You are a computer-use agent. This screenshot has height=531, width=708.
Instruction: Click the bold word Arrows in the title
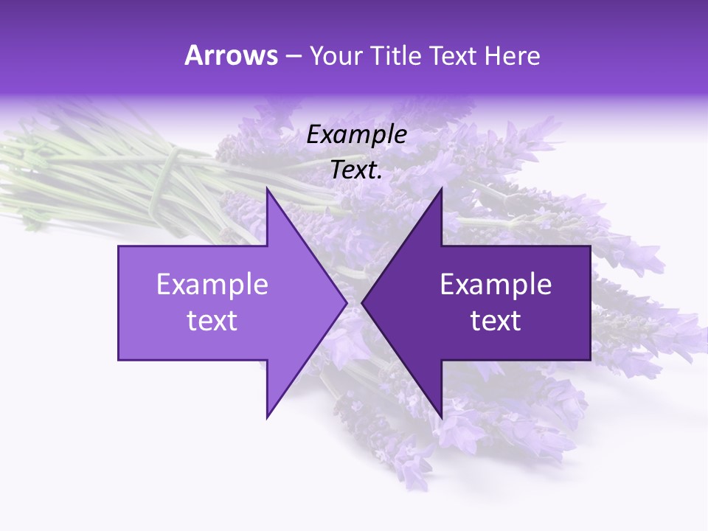(x=231, y=55)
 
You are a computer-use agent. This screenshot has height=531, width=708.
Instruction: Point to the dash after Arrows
(x=293, y=57)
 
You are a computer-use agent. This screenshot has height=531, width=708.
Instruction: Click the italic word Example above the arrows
(x=357, y=134)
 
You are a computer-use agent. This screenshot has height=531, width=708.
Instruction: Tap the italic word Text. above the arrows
(x=357, y=170)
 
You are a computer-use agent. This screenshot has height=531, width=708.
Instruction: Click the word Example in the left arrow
(x=212, y=284)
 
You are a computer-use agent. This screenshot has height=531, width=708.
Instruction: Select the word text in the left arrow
(x=212, y=321)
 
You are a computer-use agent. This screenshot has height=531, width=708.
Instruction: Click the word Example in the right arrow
(x=496, y=284)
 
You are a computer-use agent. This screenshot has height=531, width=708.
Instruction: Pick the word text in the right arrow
(x=496, y=321)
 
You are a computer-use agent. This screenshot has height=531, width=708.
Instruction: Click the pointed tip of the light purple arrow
(x=346, y=302)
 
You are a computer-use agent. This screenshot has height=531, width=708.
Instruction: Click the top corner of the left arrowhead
(x=268, y=190)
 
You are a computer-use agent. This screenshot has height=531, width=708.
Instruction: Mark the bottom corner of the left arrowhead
(x=268, y=417)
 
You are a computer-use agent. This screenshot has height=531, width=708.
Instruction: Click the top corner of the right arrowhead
(x=441, y=190)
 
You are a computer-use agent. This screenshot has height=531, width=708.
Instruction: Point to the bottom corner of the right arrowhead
(x=441, y=417)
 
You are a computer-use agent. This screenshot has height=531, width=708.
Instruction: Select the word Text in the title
(x=454, y=55)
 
